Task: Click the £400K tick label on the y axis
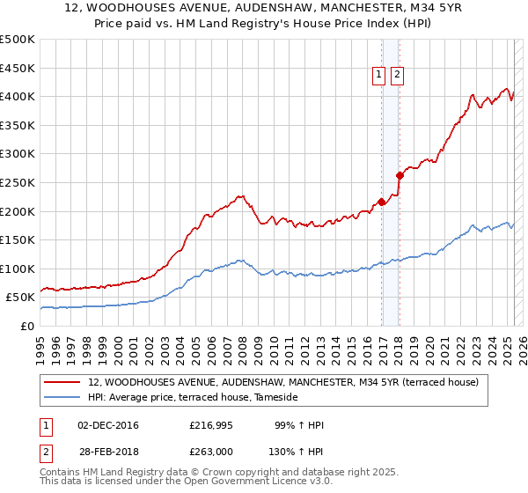click(18, 96)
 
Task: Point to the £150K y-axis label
click(18, 239)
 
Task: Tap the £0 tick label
click(26, 326)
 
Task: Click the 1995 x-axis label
click(40, 343)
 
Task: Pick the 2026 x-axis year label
click(522, 343)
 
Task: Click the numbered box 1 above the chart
click(379, 76)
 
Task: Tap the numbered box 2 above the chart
click(397, 76)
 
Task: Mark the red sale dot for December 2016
click(381, 202)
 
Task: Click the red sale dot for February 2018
click(400, 175)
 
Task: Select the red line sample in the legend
click(62, 382)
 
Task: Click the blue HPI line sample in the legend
click(62, 398)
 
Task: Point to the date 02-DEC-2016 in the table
click(108, 425)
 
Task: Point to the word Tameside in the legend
click(275, 398)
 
